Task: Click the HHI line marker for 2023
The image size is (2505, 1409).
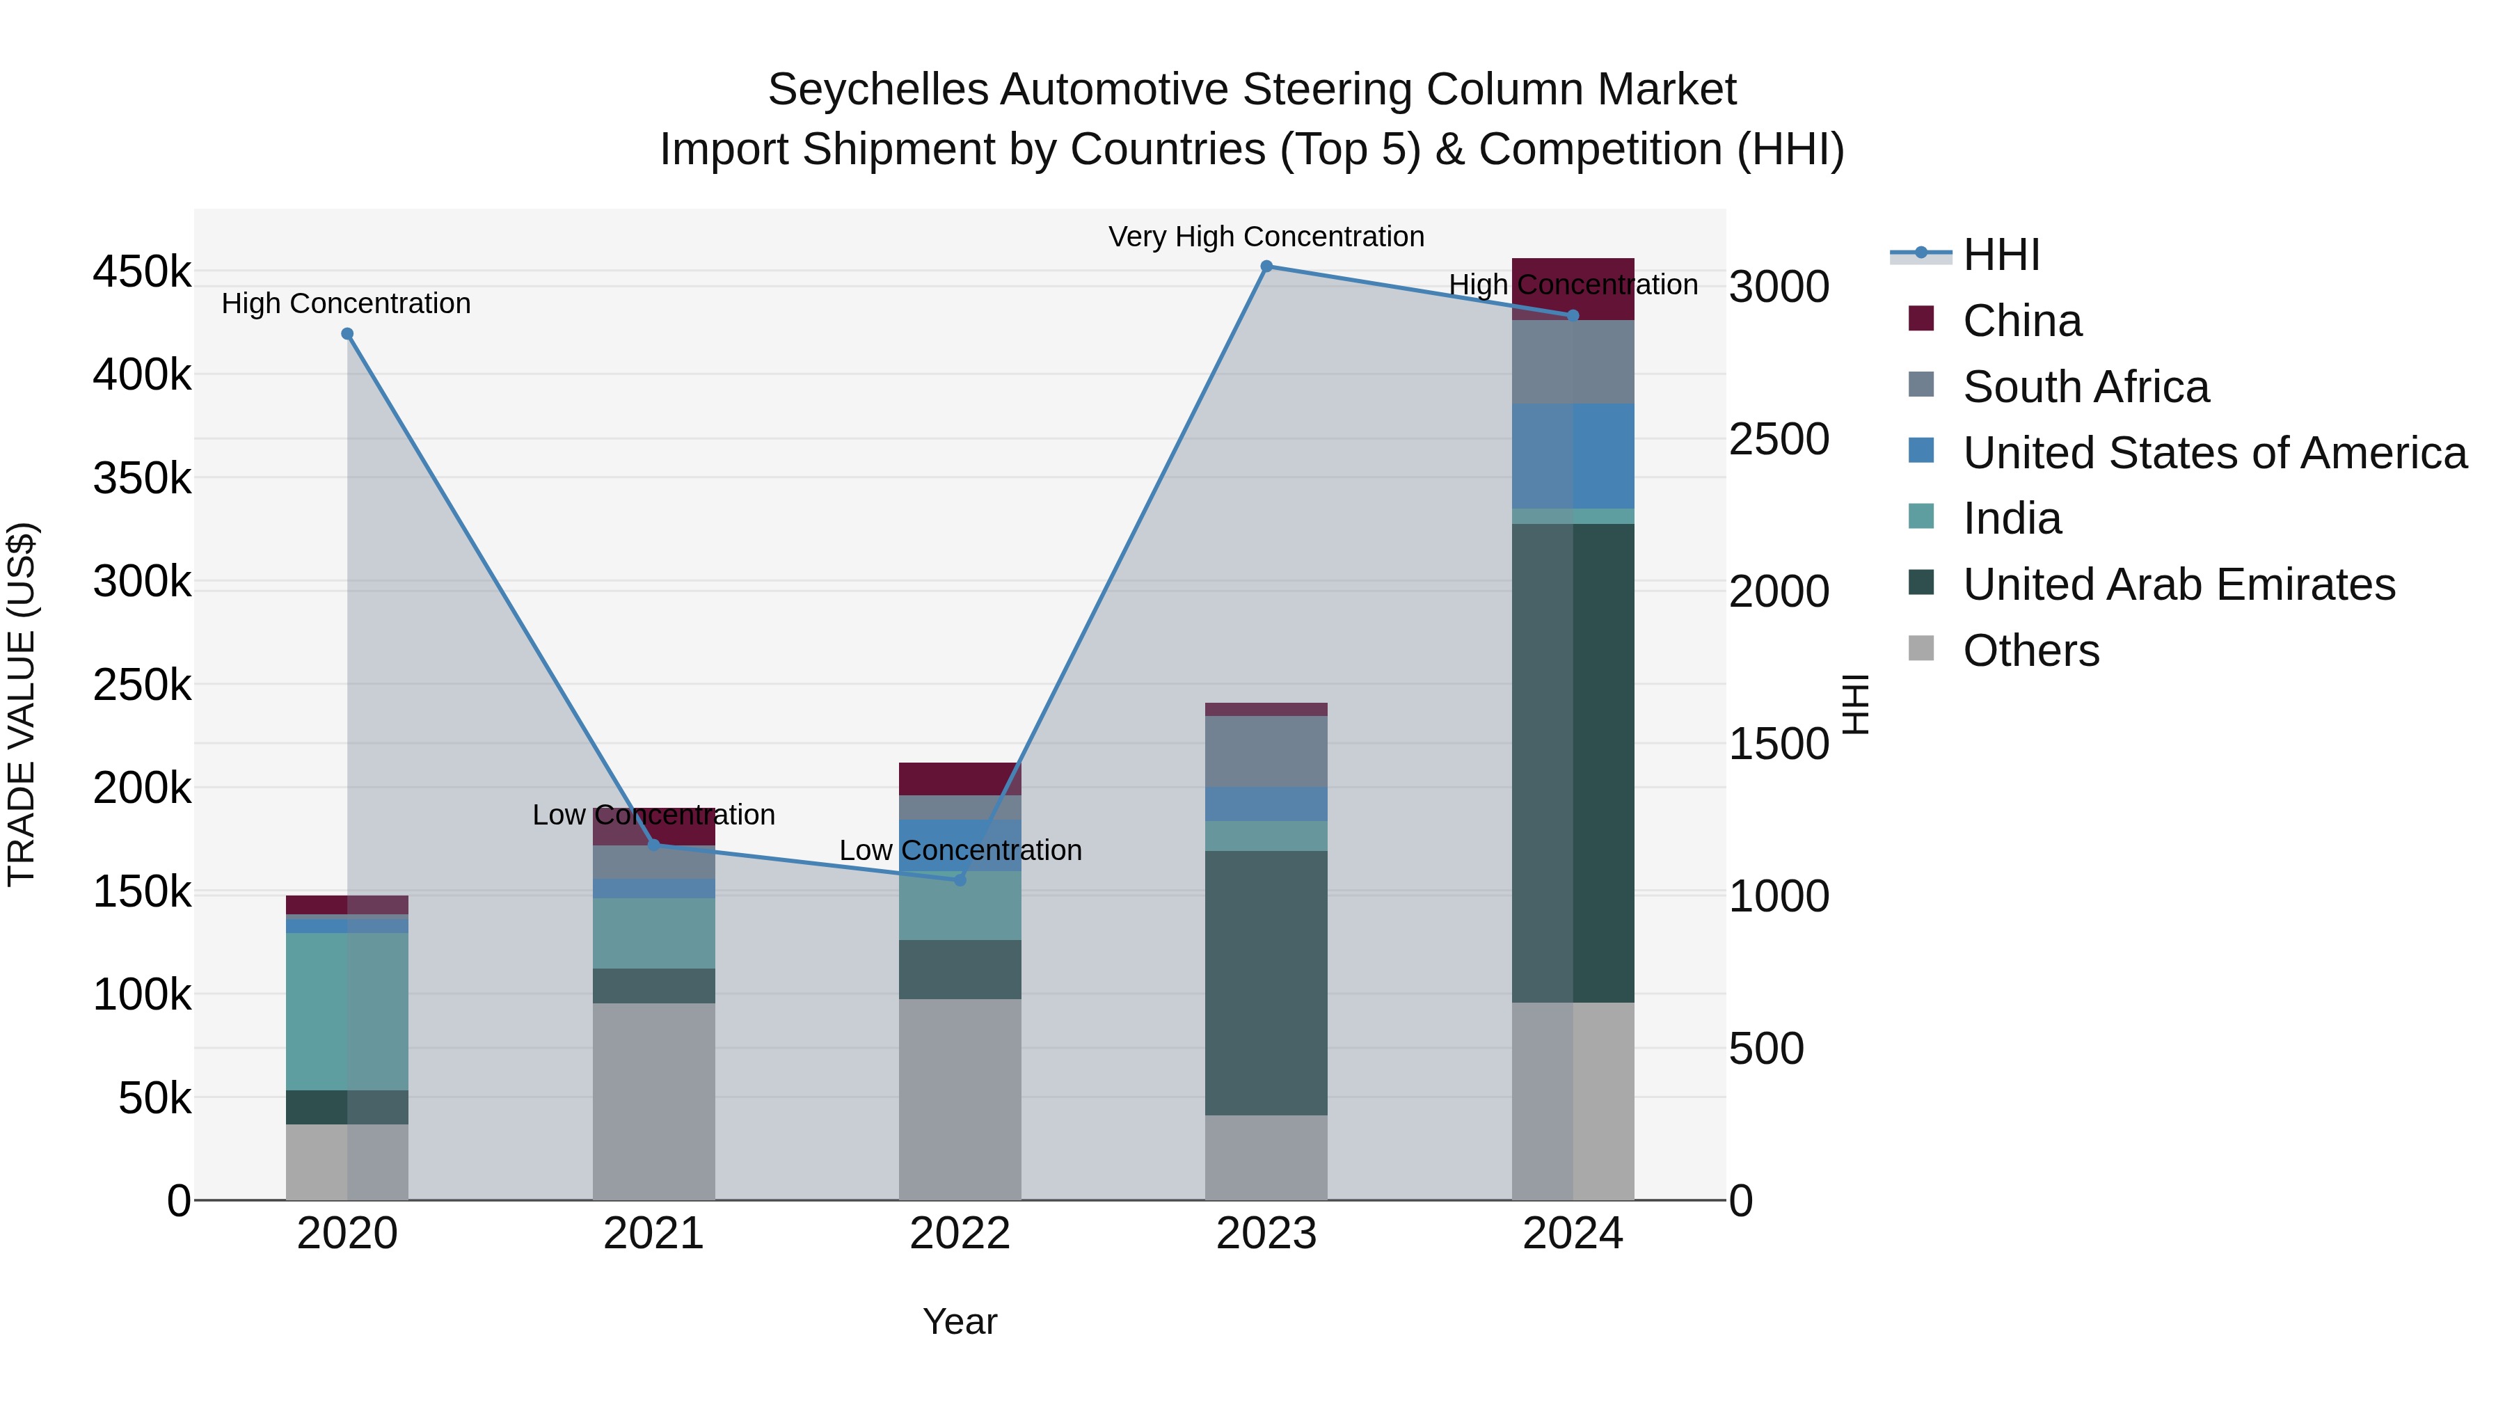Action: [1266, 266]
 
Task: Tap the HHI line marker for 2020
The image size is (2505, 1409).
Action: [347, 333]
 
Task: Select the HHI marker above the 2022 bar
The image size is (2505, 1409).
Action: [960, 879]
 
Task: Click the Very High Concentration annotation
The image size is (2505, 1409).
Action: [1266, 237]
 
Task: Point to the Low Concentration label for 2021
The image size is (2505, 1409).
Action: [653, 815]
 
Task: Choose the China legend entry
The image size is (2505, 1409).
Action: [2021, 321]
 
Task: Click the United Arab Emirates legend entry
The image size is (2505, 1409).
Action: [2178, 584]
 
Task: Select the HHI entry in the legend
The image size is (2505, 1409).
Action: [2001, 255]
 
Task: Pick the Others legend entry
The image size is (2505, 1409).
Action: [2030, 651]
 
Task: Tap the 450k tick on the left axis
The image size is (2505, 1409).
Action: [142, 271]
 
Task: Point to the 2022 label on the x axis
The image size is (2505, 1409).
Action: [960, 1234]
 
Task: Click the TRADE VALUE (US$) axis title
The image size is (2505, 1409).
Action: [22, 704]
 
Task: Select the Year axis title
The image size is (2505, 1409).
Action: [960, 1321]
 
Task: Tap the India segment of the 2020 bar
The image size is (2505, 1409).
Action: [347, 1011]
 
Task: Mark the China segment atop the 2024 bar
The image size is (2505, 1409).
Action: [1573, 288]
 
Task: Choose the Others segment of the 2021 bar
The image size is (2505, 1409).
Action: [653, 1101]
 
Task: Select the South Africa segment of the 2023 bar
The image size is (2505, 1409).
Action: [1266, 751]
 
